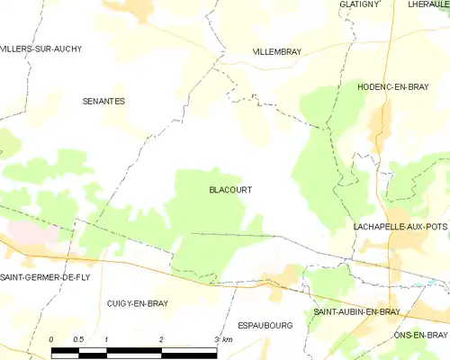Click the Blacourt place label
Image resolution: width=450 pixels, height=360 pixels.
click(x=229, y=190)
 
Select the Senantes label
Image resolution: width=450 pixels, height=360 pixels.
click(x=103, y=102)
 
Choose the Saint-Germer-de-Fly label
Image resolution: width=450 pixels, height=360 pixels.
click(x=40, y=275)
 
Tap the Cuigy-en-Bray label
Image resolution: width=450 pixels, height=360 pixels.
click(x=137, y=304)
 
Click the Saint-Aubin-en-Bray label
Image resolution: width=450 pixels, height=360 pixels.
click(x=356, y=311)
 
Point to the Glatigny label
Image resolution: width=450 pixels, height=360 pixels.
click(x=359, y=4)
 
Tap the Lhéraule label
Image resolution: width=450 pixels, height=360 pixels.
click(x=428, y=4)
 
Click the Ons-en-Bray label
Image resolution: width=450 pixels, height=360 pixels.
click(x=420, y=335)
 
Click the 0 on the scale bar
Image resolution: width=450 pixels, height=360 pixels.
click(x=52, y=338)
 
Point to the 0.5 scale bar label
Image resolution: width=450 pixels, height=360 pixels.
click(x=78, y=338)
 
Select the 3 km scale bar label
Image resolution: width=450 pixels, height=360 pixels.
click(x=222, y=338)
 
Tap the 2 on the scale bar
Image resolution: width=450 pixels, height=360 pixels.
click(x=161, y=338)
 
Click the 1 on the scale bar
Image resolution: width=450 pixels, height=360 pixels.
click(x=106, y=338)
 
